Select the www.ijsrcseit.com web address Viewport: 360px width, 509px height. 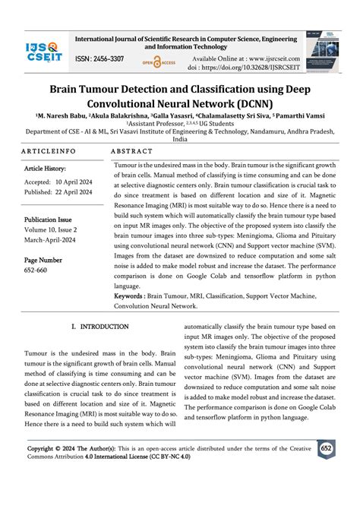pyautogui.click(x=267, y=58)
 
